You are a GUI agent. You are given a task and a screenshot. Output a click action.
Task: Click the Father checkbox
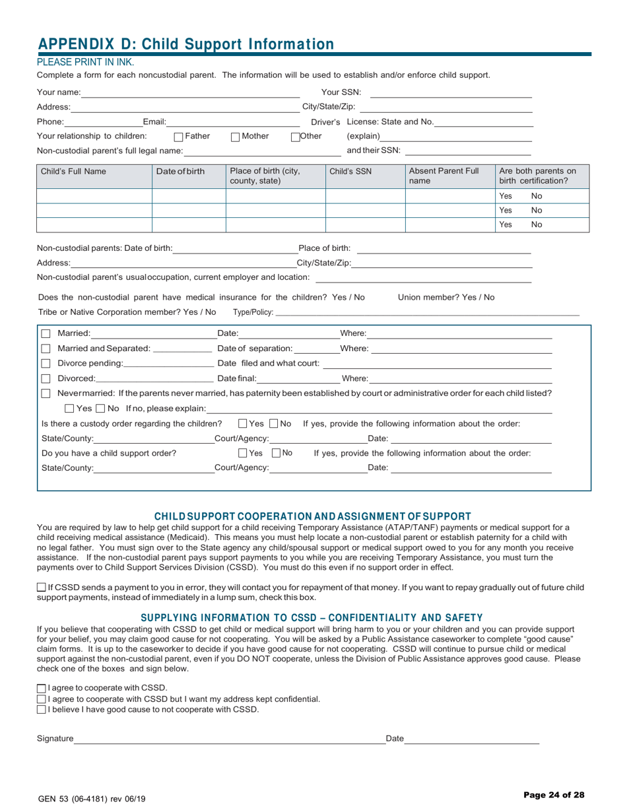[x=178, y=137]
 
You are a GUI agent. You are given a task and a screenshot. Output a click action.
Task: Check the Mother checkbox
[x=236, y=137]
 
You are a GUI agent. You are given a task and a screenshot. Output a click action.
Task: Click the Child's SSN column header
[x=350, y=172]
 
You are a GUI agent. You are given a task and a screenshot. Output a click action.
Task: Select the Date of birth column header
[x=180, y=172]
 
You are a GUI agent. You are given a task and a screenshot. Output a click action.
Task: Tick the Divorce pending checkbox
[x=46, y=364]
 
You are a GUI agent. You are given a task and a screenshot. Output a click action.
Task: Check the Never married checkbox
[x=46, y=393]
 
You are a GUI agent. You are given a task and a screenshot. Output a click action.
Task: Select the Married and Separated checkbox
[x=46, y=349]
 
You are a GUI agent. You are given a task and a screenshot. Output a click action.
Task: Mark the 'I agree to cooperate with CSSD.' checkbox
[x=42, y=688]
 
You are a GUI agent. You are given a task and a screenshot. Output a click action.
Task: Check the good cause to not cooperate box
[x=42, y=710]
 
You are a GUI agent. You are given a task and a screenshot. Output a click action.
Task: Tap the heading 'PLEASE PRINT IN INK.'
[x=85, y=63]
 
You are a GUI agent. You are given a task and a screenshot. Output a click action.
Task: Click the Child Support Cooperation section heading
[x=312, y=516]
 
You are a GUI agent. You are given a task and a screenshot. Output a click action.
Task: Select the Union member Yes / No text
[x=446, y=297]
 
